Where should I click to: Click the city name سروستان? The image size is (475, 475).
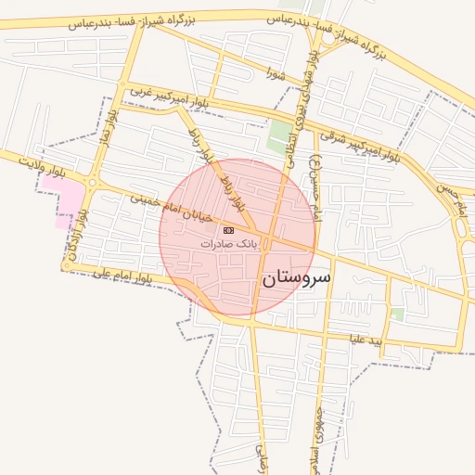point(297,276)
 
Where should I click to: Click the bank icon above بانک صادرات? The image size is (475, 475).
point(228,229)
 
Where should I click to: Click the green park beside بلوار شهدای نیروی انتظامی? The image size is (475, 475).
point(278,136)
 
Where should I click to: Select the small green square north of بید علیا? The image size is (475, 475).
point(397,315)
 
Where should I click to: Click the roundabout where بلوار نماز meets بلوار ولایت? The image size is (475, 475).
point(93,179)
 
